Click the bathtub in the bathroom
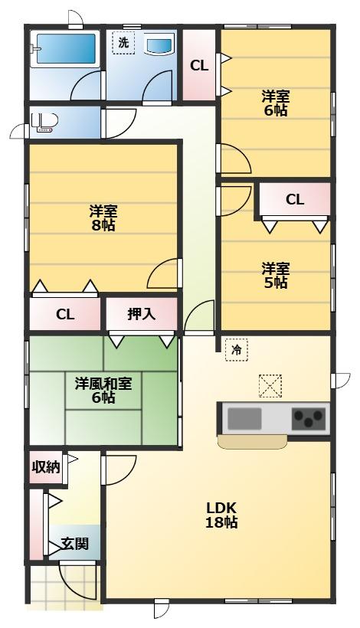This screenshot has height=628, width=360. (x=66, y=48)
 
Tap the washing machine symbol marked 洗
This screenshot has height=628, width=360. (x=123, y=42)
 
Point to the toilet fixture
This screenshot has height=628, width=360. (x=44, y=122)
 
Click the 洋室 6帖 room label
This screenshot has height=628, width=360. (x=276, y=103)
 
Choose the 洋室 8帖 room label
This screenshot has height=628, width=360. (x=103, y=218)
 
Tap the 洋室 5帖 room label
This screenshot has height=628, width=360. (x=276, y=276)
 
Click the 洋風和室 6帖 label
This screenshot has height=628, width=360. (x=103, y=391)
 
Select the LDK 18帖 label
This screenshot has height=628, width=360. (x=221, y=515)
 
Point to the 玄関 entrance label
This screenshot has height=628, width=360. (x=75, y=544)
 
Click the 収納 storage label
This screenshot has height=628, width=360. (x=46, y=467)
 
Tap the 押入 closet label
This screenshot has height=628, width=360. (x=142, y=314)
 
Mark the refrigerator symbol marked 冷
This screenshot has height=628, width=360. (x=236, y=350)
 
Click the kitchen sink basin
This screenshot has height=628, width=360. (x=244, y=418)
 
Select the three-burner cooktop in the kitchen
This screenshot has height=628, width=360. (x=309, y=418)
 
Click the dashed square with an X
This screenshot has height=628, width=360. (x=270, y=386)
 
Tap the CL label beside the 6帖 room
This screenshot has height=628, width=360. (x=199, y=66)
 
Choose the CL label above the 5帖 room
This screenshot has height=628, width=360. (x=295, y=199)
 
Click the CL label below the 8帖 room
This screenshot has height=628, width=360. (x=65, y=315)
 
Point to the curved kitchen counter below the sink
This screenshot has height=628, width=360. (x=252, y=442)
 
